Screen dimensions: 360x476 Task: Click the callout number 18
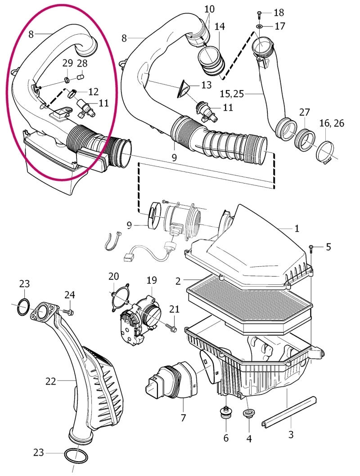[279, 13]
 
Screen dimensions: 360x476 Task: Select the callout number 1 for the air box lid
[296, 228]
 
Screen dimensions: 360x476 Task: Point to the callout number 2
[178, 281]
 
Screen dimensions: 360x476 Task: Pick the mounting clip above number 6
[225, 413]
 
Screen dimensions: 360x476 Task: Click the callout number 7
[183, 418]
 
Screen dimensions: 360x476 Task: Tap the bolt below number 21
[171, 328]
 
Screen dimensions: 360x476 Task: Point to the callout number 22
[51, 381]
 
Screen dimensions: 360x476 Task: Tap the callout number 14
[220, 27]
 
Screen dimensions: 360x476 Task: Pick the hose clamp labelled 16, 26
[325, 151]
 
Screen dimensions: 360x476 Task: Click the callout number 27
[305, 112]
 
